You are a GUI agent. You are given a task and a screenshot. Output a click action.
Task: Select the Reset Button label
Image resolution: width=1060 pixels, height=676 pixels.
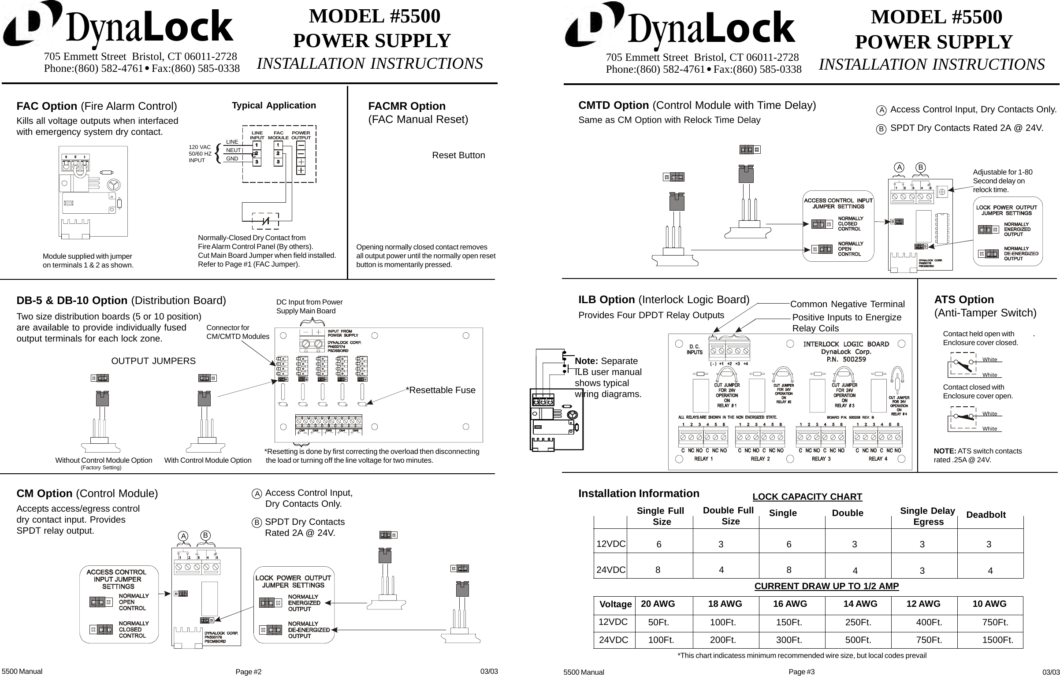click(x=458, y=155)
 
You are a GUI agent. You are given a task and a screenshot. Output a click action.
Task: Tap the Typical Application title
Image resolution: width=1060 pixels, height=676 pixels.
click(x=274, y=105)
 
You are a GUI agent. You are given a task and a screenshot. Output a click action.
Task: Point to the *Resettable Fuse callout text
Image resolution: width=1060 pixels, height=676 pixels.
click(x=440, y=390)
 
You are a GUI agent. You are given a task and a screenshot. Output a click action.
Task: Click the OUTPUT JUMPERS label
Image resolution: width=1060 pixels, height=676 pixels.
click(x=153, y=361)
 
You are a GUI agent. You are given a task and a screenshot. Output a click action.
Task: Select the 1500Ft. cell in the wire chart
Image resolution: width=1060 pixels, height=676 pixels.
click(x=997, y=640)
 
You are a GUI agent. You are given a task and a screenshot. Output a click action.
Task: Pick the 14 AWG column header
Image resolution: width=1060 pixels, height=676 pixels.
click(x=860, y=604)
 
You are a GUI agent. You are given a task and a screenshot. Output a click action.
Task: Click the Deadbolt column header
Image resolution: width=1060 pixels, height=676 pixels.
click(x=986, y=515)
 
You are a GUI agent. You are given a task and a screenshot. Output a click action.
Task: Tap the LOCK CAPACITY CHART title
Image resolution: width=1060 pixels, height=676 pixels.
click(x=807, y=497)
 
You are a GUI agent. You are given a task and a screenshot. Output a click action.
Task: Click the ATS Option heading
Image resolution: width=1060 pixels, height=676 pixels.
click(x=964, y=300)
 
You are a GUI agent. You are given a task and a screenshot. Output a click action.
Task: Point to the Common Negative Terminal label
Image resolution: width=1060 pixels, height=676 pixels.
click(x=847, y=304)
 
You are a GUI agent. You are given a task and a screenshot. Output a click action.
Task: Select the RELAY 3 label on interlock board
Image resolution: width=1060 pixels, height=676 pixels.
click(x=821, y=459)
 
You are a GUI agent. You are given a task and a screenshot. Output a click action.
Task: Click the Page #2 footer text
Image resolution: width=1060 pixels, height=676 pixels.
click(x=248, y=672)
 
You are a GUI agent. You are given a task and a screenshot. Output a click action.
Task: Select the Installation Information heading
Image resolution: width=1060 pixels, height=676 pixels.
click(x=638, y=494)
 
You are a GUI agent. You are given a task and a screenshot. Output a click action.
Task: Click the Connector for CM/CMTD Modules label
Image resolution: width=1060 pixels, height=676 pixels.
click(x=238, y=332)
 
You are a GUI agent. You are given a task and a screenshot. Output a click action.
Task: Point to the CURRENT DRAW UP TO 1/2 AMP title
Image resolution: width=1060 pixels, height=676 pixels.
click(x=826, y=586)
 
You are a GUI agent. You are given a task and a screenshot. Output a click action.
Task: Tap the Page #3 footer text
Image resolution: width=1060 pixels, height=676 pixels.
click(x=801, y=672)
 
